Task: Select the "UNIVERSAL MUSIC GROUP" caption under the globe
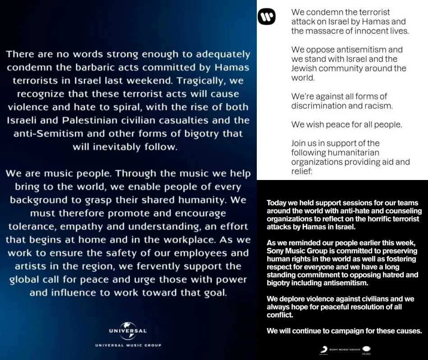click(128, 345)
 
